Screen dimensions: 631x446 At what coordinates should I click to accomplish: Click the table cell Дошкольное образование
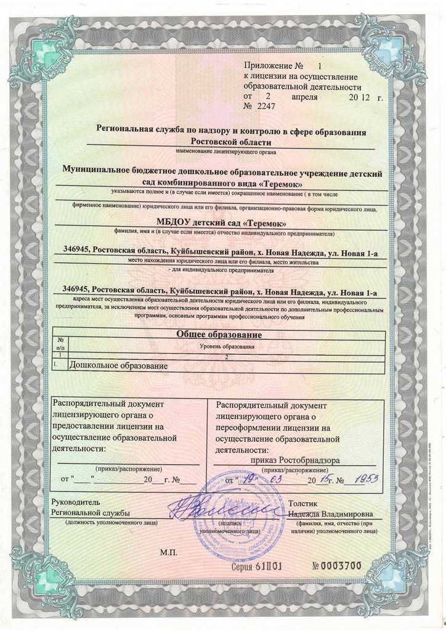click(x=118, y=365)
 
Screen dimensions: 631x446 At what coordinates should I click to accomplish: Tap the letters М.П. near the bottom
click(x=169, y=553)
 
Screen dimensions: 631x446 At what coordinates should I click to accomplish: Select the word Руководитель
click(x=75, y=502)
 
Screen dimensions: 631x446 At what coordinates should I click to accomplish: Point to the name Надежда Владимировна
click(x=328, y=513)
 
